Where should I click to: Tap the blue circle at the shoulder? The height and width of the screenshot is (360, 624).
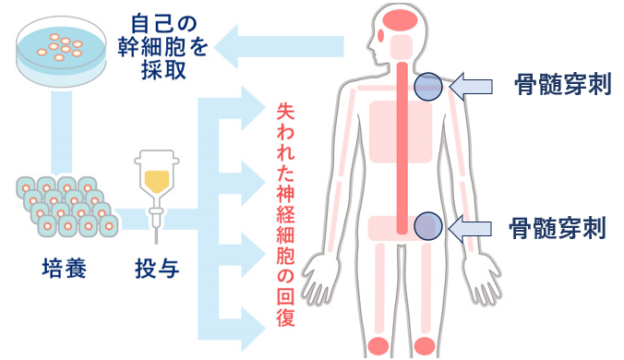click(x=427, y=87)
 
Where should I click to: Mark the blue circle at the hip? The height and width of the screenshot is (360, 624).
click(x=426, y=224)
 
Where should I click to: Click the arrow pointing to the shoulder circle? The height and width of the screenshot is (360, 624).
click(x=477, y=87)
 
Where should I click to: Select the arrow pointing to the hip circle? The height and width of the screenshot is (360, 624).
click(x=477, y=226)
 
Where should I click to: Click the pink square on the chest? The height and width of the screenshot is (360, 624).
click(x=401, y=129)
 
